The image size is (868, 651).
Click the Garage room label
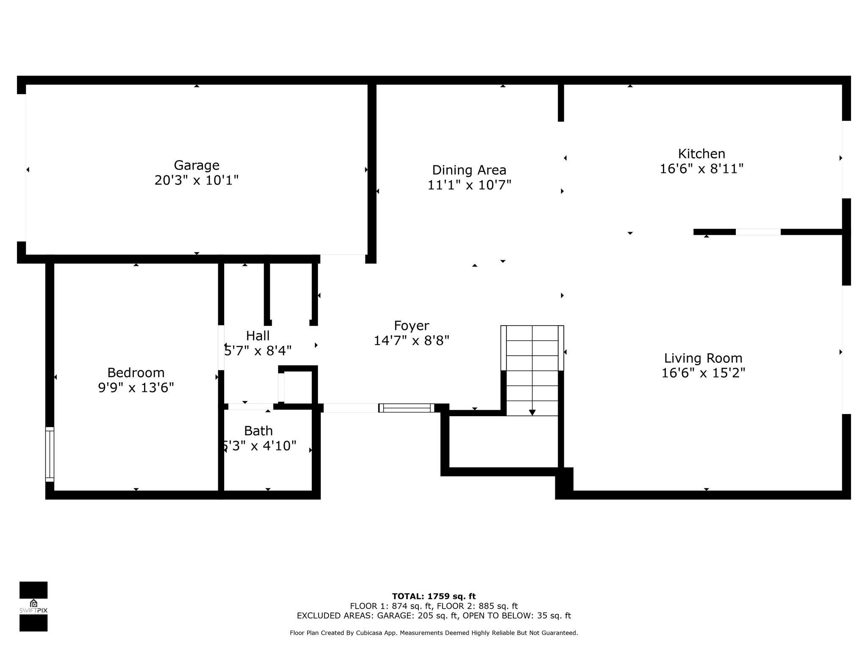point(196,165)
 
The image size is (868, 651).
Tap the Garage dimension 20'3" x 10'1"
point(196,181)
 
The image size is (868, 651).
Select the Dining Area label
point(469,170)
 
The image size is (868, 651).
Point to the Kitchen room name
point(701,153)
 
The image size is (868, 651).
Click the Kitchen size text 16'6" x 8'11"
point(701,169)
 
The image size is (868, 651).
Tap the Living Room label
point(703,359)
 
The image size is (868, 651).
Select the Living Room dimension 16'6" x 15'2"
point(703,373)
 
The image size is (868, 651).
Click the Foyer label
point(412,326)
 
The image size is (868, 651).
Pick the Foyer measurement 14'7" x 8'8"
point(412,341)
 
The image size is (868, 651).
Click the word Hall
point(258,336)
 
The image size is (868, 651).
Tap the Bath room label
point(258,431)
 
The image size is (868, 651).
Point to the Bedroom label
point(136,373)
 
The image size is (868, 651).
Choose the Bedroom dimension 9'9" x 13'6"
point(136,388)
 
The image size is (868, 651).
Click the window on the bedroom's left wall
point(50,454)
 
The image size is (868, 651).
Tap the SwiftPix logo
point(33,606)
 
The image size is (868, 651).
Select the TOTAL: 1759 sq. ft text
point(434,597)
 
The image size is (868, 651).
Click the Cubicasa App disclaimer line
point(434,633)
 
